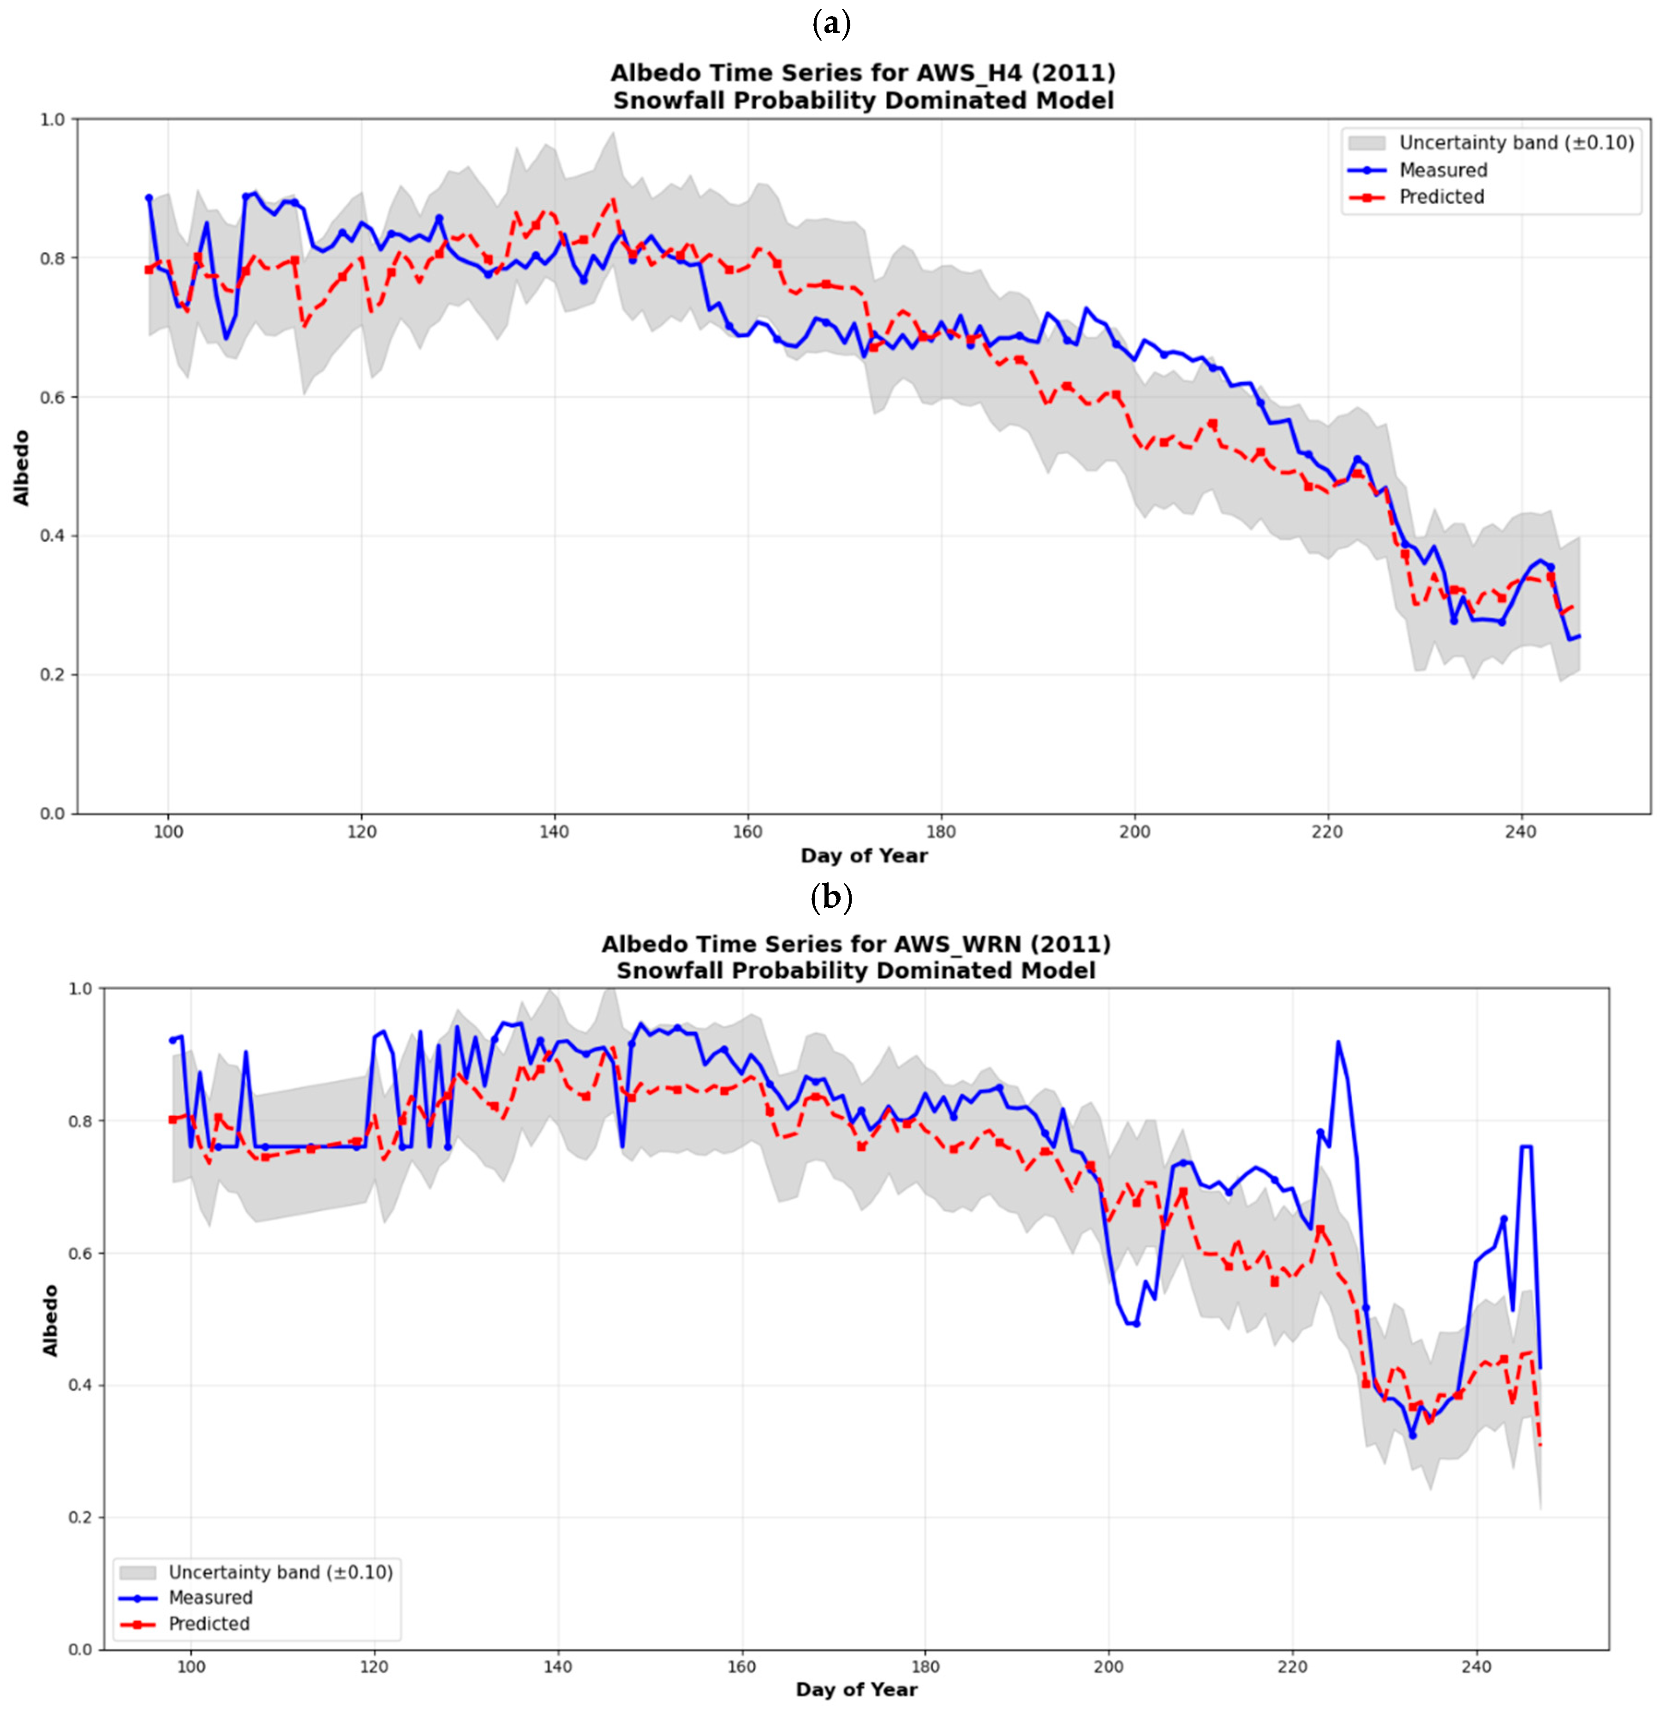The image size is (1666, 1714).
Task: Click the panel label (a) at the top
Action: [831, 24]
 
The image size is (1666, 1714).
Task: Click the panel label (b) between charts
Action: [831, 898]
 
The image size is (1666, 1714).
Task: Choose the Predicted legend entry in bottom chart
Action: [208, 1624]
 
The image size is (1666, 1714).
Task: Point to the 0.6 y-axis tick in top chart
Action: [54, 397]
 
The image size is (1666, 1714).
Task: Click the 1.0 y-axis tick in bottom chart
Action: [80, 988]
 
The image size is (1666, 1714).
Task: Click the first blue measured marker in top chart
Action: [149, 198]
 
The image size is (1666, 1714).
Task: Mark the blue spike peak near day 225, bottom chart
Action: [1338, 1042]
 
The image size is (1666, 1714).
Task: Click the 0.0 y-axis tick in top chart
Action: [54, 814]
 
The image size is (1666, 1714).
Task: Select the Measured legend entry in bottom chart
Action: [210, 1598]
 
